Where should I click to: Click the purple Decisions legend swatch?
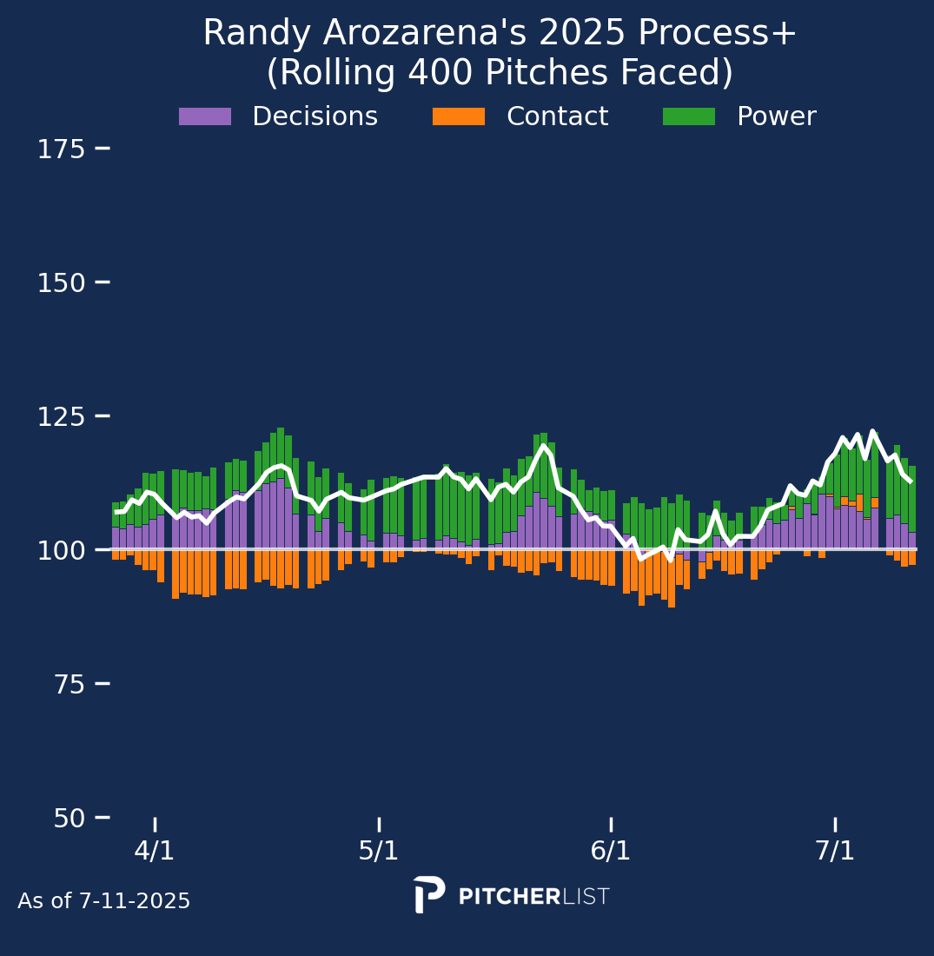point(205,116)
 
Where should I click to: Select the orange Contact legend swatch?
point(459,116)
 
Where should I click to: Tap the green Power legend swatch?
point(689,116)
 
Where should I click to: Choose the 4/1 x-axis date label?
point(155,851)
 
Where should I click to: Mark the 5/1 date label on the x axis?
point(379,851)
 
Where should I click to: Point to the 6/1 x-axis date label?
point(611,851)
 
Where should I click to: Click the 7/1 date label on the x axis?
point(835,851)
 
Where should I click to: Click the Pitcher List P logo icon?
point(429,894)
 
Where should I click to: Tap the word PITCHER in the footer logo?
point(509,897)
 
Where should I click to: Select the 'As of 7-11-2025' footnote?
point(104,902)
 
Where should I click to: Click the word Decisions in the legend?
point(315,116)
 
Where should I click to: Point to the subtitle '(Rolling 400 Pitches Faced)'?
point(500,73)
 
